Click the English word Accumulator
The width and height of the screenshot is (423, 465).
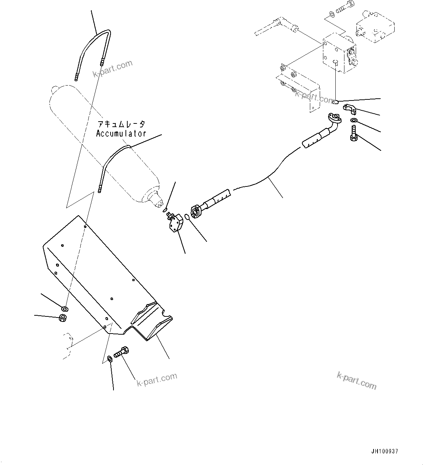[121, 134]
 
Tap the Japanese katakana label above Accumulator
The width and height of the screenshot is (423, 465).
[121, 125]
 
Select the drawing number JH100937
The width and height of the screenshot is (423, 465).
[385, 451]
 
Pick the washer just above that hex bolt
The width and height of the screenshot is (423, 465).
[354, 121]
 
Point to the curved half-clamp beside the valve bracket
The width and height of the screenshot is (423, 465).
[350, 109]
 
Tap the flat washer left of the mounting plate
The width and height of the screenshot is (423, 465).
[65, 309]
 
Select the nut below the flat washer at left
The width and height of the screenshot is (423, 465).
[62, 319]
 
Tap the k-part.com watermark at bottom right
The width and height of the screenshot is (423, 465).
[356, 380]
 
